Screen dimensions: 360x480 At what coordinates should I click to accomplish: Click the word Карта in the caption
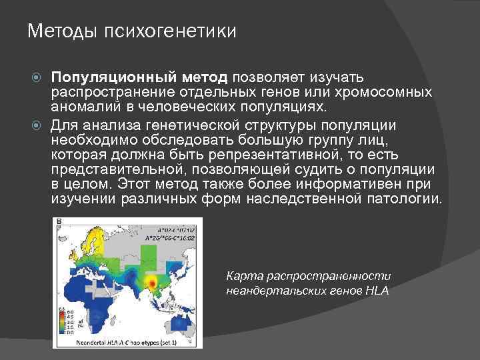(x=244, y=275)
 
